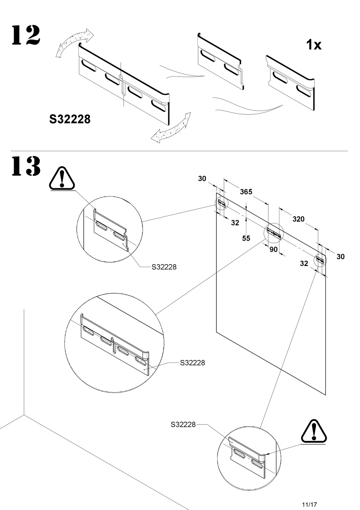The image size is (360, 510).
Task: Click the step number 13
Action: pos(26,166)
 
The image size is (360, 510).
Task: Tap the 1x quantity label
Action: pos(313,45)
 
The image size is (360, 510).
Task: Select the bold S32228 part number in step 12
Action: pos(70,119)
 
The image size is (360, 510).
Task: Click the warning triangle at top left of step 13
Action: pos(62,177)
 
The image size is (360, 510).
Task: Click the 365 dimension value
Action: pos(246,192)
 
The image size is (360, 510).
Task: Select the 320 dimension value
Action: pos(298,219)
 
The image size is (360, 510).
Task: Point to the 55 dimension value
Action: pos(246,238)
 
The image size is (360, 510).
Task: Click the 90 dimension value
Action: pos(273,249)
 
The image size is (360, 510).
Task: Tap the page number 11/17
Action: pos(309,494)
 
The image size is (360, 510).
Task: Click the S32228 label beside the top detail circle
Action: pos(164,267)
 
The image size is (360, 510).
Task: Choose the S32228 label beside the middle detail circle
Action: pos(193,363)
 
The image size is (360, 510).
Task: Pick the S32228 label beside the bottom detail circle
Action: pos(183,424)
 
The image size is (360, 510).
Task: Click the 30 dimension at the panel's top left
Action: pos(202,178)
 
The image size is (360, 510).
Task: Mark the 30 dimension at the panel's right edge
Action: pos(340,257)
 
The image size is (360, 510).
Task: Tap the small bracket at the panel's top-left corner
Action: pos(222,203)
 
